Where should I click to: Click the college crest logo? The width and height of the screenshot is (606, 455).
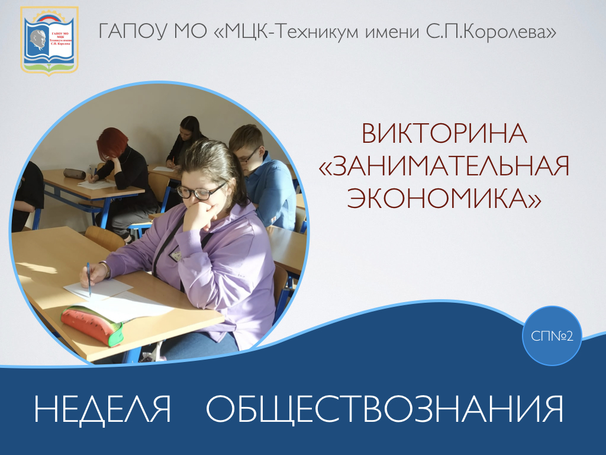(50, 41)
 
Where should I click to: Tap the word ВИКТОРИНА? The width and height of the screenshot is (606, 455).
(444, 134)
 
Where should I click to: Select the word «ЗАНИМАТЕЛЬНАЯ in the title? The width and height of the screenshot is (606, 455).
(444, 166)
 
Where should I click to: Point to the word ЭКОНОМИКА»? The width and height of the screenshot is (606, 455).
(444, 198)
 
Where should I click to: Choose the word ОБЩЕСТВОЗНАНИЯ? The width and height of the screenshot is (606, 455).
(385, 410)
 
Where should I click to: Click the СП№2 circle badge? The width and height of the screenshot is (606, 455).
(552, 336)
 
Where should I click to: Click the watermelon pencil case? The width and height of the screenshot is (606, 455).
(92, 325)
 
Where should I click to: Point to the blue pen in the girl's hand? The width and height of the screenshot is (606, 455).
(89, 280)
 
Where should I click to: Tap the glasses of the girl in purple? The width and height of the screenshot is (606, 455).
(201, 191)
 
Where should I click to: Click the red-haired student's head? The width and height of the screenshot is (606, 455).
(112, 144)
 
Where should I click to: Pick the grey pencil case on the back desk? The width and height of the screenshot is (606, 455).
(74, 174)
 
